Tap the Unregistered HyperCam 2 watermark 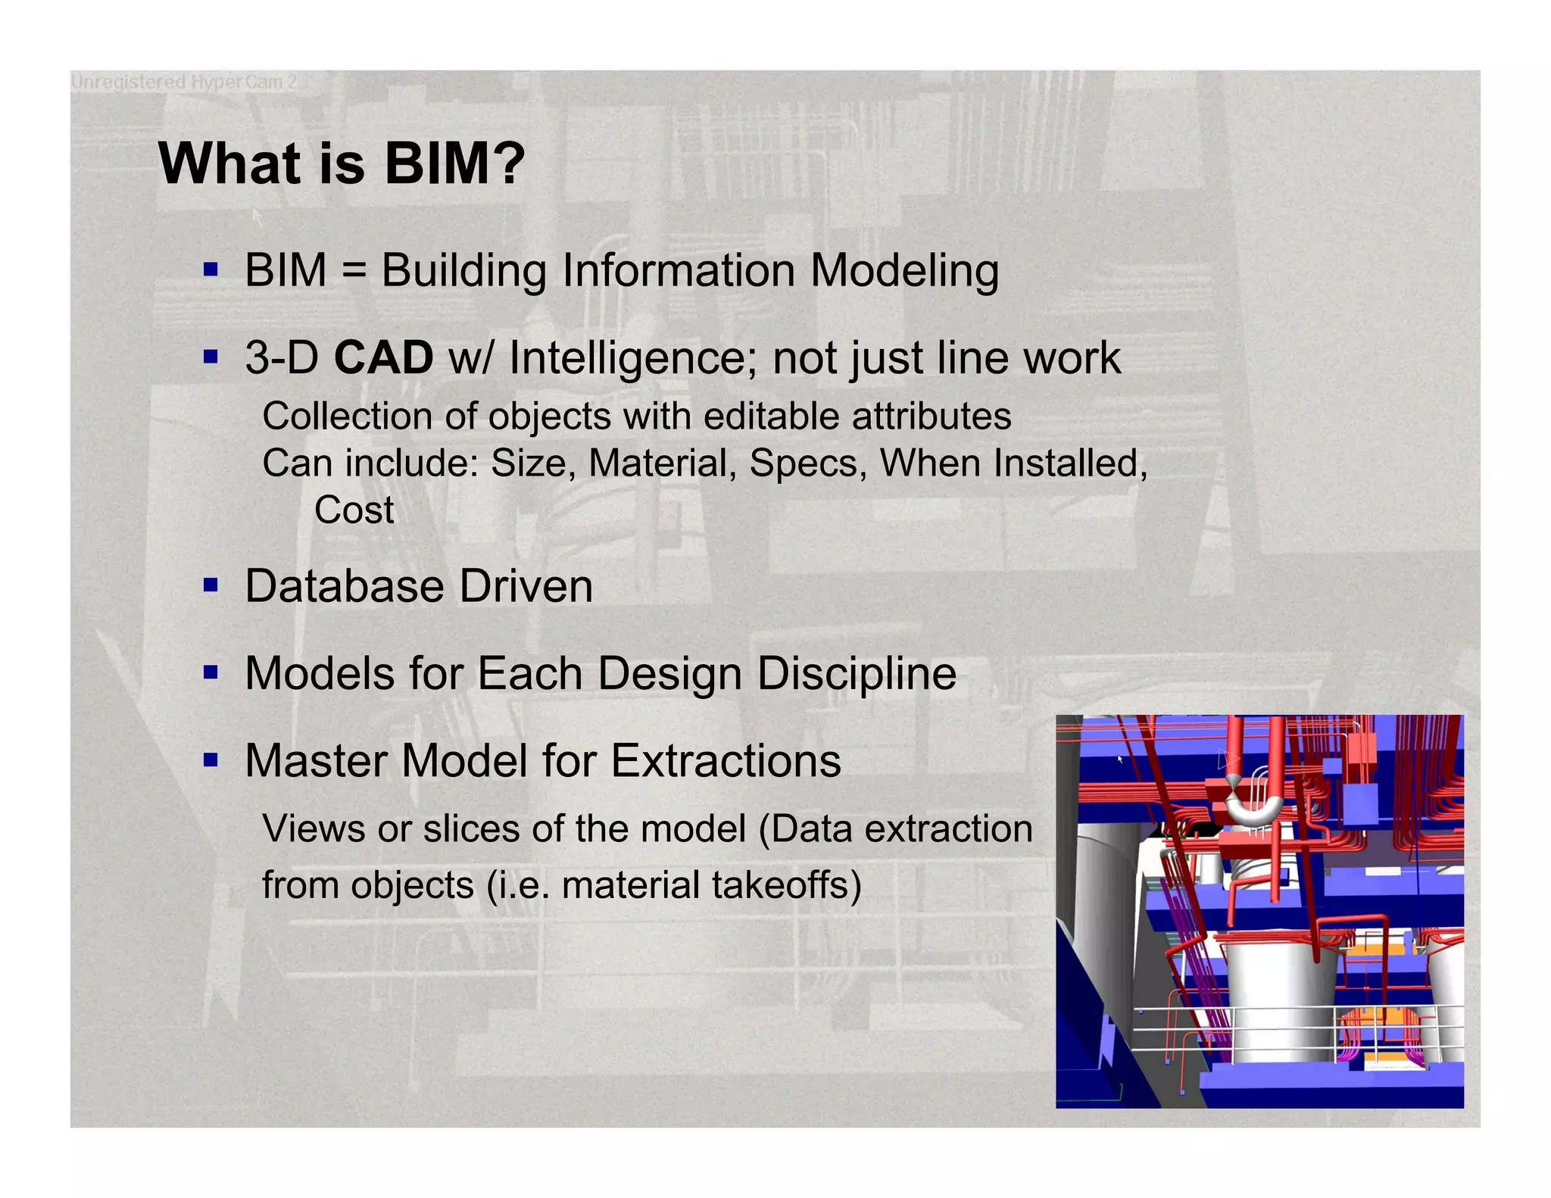click(184, 82)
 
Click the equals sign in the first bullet click(354, 271)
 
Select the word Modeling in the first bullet click(904, 271)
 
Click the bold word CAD click(383, 357)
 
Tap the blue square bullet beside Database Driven click(211, 585)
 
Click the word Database click(345, 586)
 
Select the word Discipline click(857, 673)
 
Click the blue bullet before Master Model click(211, 760)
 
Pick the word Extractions click(726, 760)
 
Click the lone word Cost click(354, 510)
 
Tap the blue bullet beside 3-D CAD click(211, 357)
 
